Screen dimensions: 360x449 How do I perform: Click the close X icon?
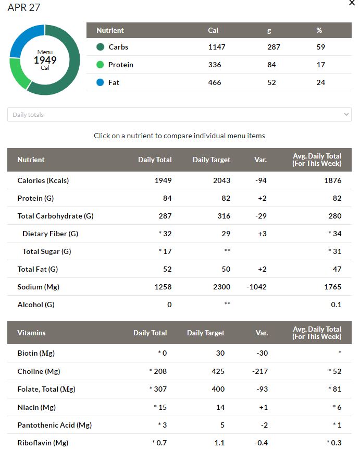(352, 3)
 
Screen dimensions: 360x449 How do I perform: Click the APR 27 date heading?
(24, 7)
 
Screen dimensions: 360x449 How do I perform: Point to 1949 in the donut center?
(45, 60)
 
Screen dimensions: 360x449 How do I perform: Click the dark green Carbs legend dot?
(100, 47)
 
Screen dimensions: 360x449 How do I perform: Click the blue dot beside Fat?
(100, 82)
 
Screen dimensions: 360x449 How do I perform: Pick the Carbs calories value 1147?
(217, 47)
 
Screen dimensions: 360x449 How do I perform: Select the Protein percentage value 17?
(320, 65)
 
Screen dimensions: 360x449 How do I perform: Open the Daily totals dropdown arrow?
(346, 115)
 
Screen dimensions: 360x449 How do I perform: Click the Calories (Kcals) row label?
(43, 180)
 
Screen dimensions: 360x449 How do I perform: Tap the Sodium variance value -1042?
(256, 287)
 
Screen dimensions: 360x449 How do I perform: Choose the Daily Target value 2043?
(221, 180)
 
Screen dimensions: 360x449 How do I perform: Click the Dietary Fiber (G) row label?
(50, 234)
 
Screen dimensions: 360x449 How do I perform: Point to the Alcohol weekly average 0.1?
(336, 305)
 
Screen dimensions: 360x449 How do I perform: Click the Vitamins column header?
(31, 333)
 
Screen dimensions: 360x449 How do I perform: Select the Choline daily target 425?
(218, 371)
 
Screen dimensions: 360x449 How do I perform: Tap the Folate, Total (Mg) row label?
(46, 389)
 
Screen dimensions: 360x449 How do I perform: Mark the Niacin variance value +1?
(263, 407)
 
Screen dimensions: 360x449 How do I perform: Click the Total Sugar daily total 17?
(165, 251)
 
